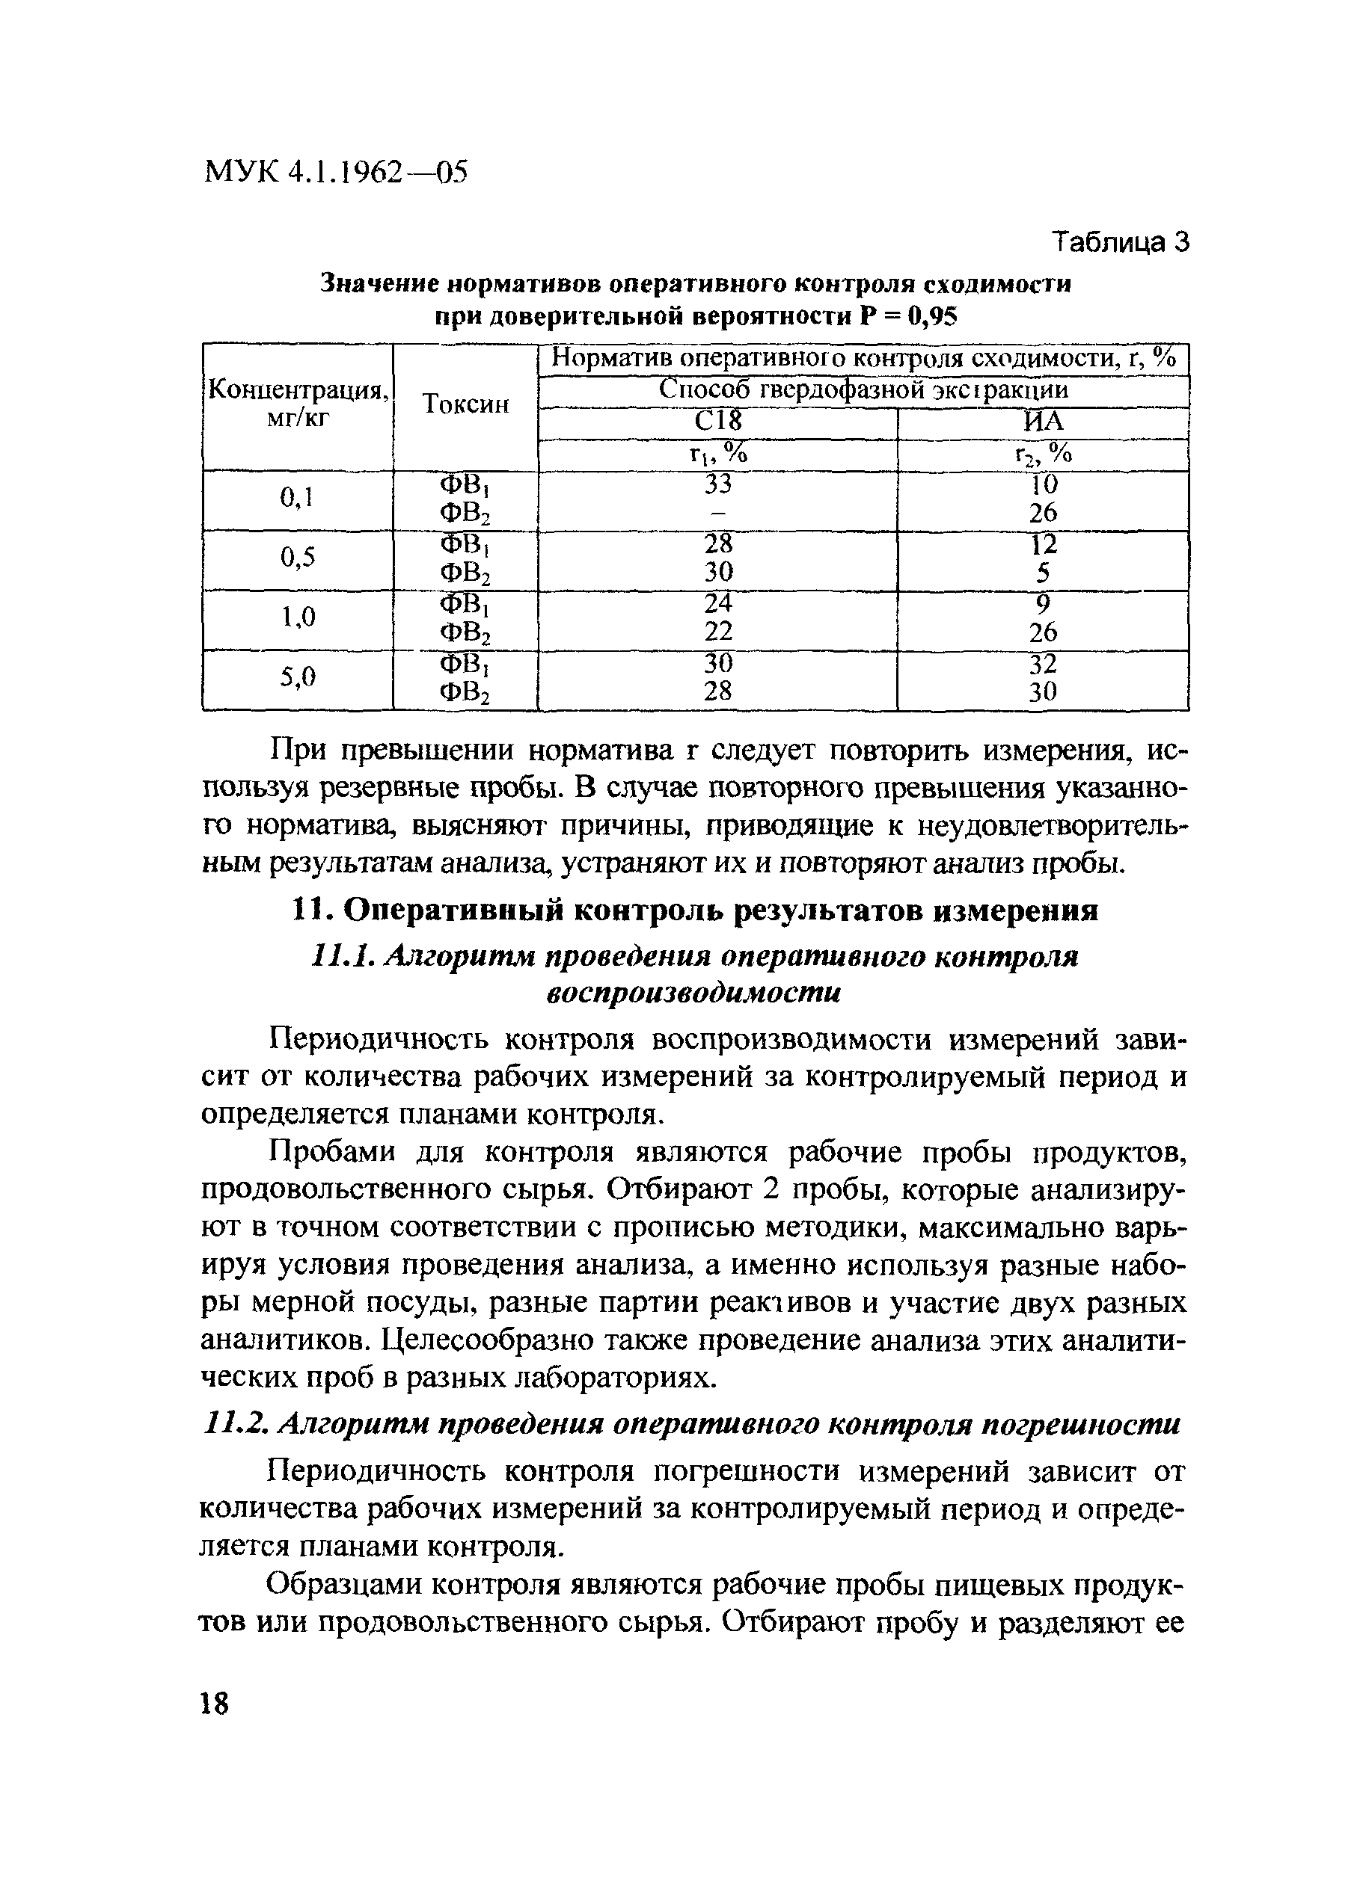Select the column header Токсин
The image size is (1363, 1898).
tap(465, 404)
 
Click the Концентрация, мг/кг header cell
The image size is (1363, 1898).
tap(298, 404)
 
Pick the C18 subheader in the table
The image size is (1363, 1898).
tap(718, 421)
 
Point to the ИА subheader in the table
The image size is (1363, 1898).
tap(1043, 421)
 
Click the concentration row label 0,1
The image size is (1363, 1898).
tap(296, 499)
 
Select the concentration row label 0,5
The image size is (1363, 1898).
tap(298, 559)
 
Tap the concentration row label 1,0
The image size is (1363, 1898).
tap(298, 618)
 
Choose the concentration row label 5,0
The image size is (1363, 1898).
tap(298, 678)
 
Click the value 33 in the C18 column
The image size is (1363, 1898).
tap(717, 484)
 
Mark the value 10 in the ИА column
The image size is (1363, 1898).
tap(1043, 484)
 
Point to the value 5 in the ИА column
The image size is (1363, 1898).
tap(1043, 573)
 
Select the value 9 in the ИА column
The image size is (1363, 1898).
tap(1043, 603)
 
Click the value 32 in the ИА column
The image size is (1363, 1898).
tap(1043, 664)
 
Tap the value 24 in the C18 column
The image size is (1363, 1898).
tap(717, 603)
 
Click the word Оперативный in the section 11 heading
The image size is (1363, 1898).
tap(453, 911)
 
